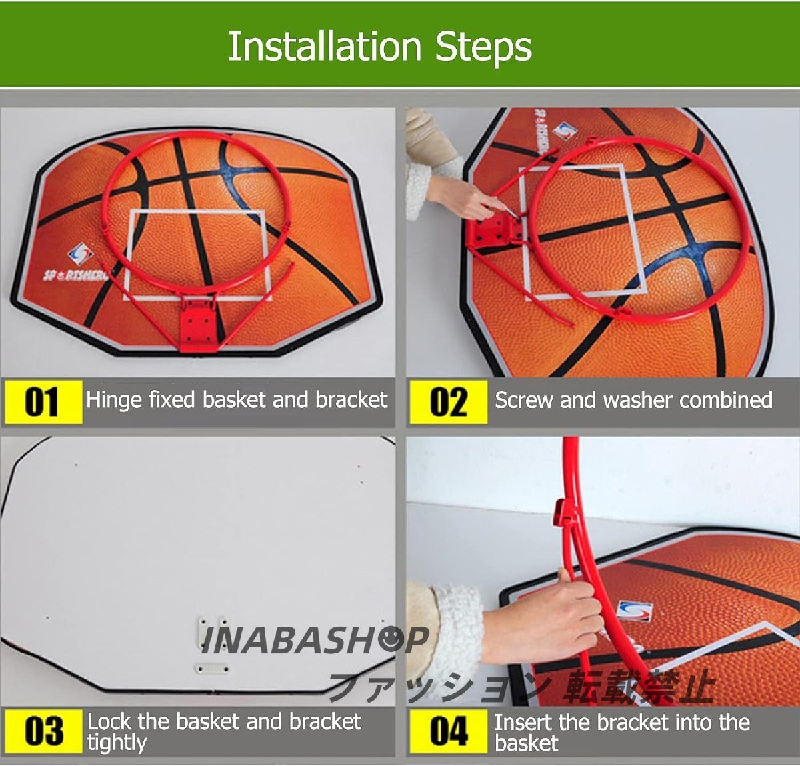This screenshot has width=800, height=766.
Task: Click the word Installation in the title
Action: [x=325, y=46]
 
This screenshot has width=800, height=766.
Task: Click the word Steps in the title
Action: [x=483, y=49]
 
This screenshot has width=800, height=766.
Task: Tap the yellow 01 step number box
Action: [x=43, y=402]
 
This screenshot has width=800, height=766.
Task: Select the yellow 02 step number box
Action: [x=449, y=402]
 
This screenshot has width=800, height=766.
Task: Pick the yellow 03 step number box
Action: [x=43, y=731]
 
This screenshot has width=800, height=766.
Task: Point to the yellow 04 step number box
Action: [x=449, y=731]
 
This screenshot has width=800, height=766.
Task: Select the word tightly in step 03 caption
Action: [x=117, y=743]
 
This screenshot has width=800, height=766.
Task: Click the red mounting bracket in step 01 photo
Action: [x=199, y=325]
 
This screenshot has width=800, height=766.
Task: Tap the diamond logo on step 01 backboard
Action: [x=81, y=254]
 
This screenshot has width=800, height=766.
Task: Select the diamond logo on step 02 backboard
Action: [x=565, y=131]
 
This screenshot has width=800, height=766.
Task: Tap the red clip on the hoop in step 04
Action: [x=564, y=513]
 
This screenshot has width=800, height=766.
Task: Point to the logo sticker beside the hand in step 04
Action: [x=634, y=611]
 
